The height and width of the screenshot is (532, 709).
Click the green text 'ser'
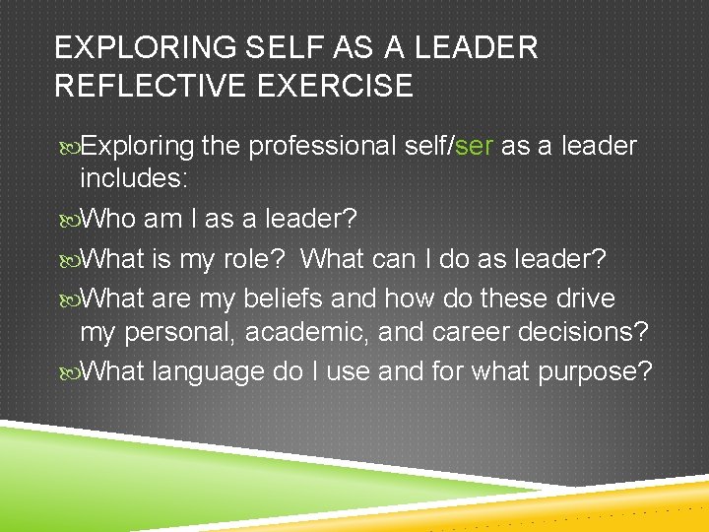point(475,147)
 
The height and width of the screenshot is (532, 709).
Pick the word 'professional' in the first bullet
point(322,147)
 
